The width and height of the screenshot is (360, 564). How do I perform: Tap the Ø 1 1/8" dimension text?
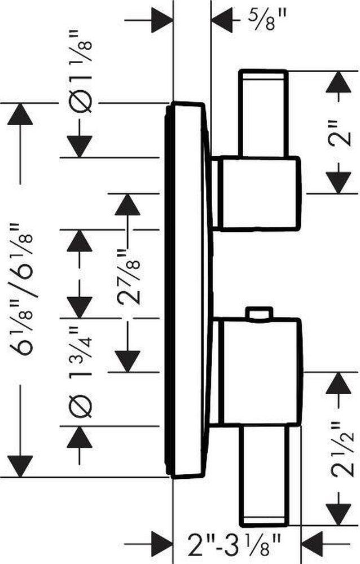(x=80, y=72)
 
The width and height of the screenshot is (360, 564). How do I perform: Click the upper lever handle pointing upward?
(x=264, y=114)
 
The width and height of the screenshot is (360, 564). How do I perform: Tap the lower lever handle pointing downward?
(x=264, y=474)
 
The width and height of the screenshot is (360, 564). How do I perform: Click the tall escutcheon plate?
(x=188, y=290)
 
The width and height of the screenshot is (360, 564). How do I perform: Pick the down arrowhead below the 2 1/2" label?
(x=339, y=514)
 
